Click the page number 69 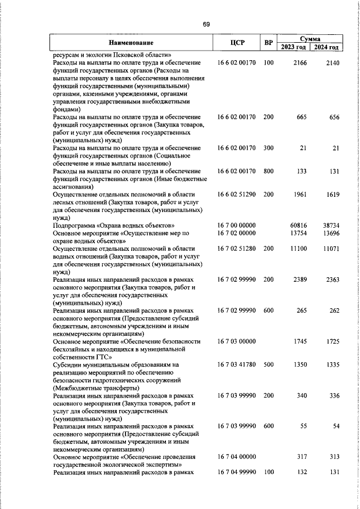206,24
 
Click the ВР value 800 268,171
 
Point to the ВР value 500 268,364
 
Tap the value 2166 299,63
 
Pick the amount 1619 332,194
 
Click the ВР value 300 268,148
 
